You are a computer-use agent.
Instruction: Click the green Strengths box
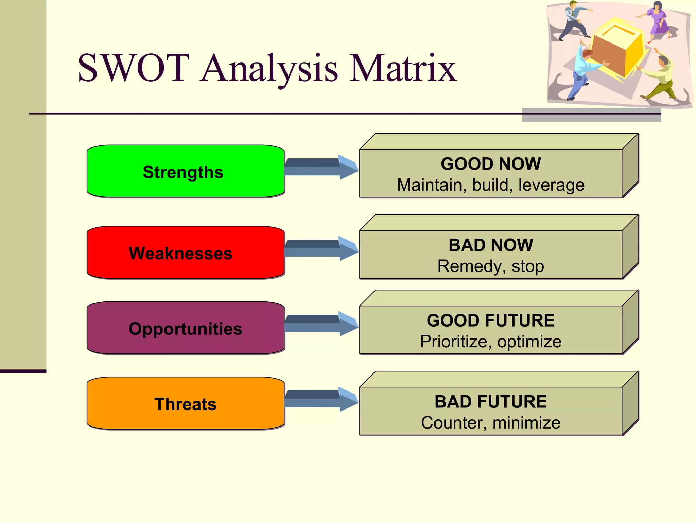click(x=185, y=171)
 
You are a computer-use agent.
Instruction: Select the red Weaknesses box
click(x=185, y=253)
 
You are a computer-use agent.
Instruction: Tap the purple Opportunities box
click(x=185, y=328)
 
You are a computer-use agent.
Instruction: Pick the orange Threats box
click(x=185, y=403)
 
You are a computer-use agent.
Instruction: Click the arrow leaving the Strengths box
click(x=319, y=167)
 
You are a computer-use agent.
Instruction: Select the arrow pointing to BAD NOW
click(x=319, y=248)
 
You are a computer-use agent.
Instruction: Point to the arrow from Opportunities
click(x=319, y=324)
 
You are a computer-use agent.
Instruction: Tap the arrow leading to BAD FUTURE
click(x=319, y=399)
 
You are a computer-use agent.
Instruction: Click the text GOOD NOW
click(x=490, y=164)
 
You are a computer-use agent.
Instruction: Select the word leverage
click(x=551, y=186)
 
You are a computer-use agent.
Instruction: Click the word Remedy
click(x=469, y=266)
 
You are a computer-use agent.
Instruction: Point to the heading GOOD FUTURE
click(x=490, y=320)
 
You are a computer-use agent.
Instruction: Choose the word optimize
click(x=529, y=342)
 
